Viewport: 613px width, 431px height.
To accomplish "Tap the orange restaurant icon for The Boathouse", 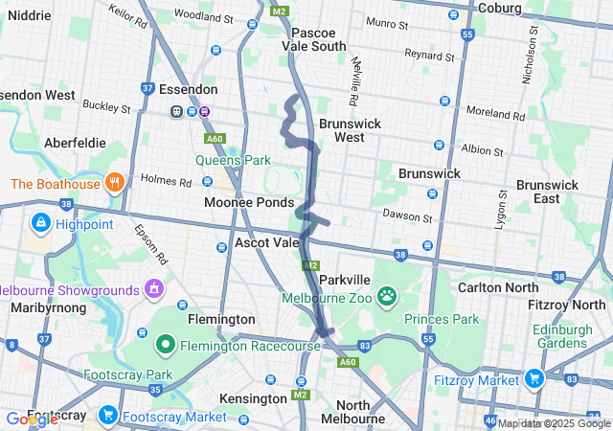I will coord(114,182).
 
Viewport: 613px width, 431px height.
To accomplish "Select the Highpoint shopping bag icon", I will coord(40,224).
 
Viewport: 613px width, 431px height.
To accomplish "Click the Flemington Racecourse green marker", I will coord(165,343).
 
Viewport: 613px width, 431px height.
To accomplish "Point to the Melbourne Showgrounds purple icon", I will coord(153,288).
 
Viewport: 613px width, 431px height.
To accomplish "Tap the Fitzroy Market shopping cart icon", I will coord(533,378).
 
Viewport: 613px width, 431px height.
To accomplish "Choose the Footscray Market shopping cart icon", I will coord(108,416).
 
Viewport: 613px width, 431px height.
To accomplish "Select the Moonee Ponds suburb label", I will coord(248,203).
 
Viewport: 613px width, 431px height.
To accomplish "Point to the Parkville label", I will coord(344,279).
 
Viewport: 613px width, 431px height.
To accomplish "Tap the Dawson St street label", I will coord(401,214).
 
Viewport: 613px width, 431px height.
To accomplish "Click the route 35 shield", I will coord(155,390).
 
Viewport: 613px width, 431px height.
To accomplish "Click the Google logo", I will coord(31,419).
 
